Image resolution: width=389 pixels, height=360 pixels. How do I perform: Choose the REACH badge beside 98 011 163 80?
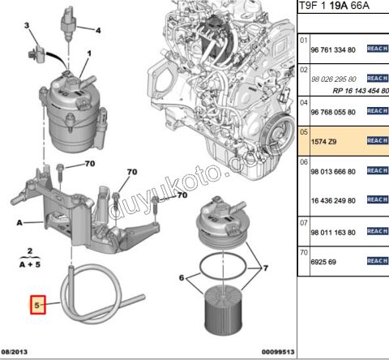[x=377, y=231]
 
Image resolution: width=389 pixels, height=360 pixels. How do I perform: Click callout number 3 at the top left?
[x=26, y=26]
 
